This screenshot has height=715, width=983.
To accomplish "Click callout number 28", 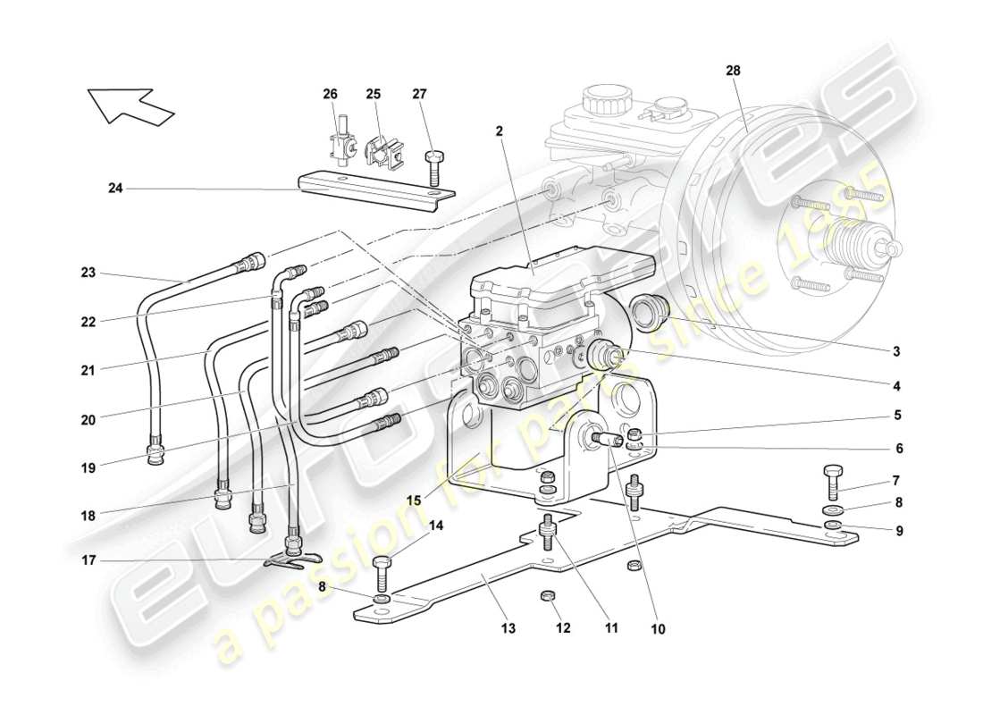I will point(734,69).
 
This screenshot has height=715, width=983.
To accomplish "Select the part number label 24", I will point(114,189).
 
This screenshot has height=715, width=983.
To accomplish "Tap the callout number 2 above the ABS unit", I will point(500,130).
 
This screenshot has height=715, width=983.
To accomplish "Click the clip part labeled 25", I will point(380,151).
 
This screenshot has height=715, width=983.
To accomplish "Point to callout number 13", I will point(508,629).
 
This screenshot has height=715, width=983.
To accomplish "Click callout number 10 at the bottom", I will point(658,629).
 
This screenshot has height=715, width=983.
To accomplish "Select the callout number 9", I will point(899,531).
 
